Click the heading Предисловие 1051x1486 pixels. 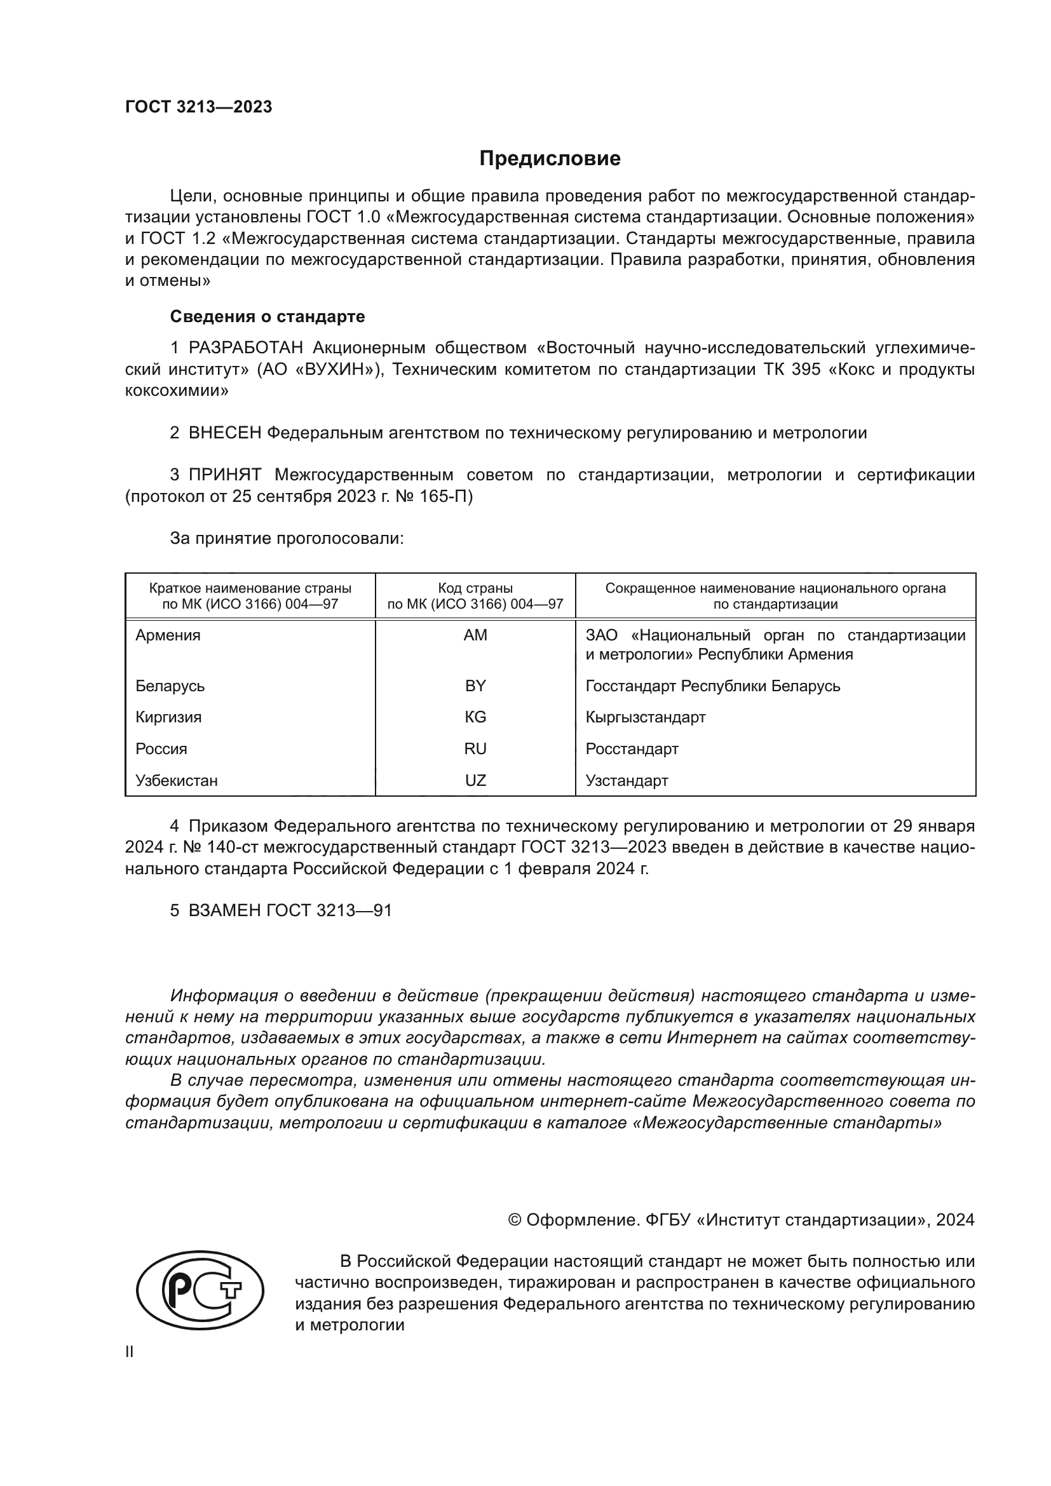point(550,159)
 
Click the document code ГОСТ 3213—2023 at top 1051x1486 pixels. point(199,107)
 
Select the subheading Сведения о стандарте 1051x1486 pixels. point(268,316)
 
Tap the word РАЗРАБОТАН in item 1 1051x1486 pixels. point(246,348)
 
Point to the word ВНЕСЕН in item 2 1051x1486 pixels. point(224,433)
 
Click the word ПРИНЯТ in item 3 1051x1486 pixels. point(224,475)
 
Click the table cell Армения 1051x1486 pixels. point(168,635)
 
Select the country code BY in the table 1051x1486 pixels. point(475,686)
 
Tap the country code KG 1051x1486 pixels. point(475,717)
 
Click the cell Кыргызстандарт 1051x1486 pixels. point(645,717)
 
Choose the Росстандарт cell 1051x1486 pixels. point(632,749)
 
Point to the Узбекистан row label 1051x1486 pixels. point(176,781)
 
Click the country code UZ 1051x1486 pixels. point(475,781)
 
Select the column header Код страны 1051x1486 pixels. point(475,588)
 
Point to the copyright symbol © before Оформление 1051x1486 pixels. point(515,1220)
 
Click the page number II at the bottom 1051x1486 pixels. point(130,1352)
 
